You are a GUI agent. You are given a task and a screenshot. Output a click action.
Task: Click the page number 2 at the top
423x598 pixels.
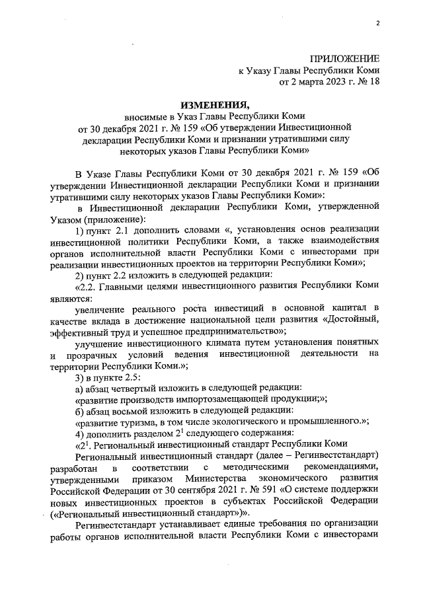[377, 24]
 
